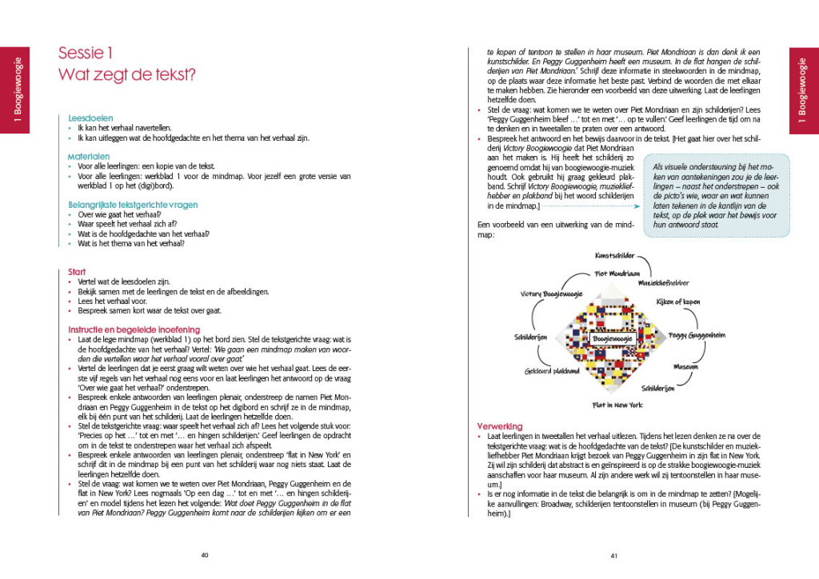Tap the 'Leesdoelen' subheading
90,117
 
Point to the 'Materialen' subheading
89,156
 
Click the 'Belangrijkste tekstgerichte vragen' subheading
133,205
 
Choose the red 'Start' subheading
78,272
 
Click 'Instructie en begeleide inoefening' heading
134,329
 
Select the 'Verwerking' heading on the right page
500,426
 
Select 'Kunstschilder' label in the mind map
614,256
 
